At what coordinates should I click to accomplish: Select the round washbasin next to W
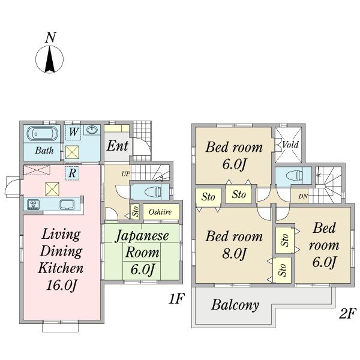pyautogui.click(x=92, y=131)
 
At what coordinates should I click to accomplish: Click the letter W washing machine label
pyautogui.click(x=73, y=131)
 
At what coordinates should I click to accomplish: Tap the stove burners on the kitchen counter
pyautogui.click(x=33, y=205)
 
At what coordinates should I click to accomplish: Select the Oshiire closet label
pyautogui.click(x=160, y=212)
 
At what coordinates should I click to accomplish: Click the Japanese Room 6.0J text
pyautogui.click(x=142, y=252)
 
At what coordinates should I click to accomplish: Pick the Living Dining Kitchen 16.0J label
pyautogui.click(x=61, y=259)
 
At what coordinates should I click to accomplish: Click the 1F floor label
pyautogui.click(x=175, y=298)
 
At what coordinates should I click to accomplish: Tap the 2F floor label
pyautogui.click(x=347, y=313)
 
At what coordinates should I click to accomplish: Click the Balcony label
pyautogui.click(x=235, y=305)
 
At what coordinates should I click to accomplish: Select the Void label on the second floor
pyautogui.click(x=290, y=145)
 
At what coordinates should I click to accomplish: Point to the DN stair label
pyautogui.click(x=303, y=197)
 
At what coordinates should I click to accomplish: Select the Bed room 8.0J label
pyautogui.click(x=234, y=245)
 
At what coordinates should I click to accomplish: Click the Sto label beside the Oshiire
pyautogui.click(x=136, y=211)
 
